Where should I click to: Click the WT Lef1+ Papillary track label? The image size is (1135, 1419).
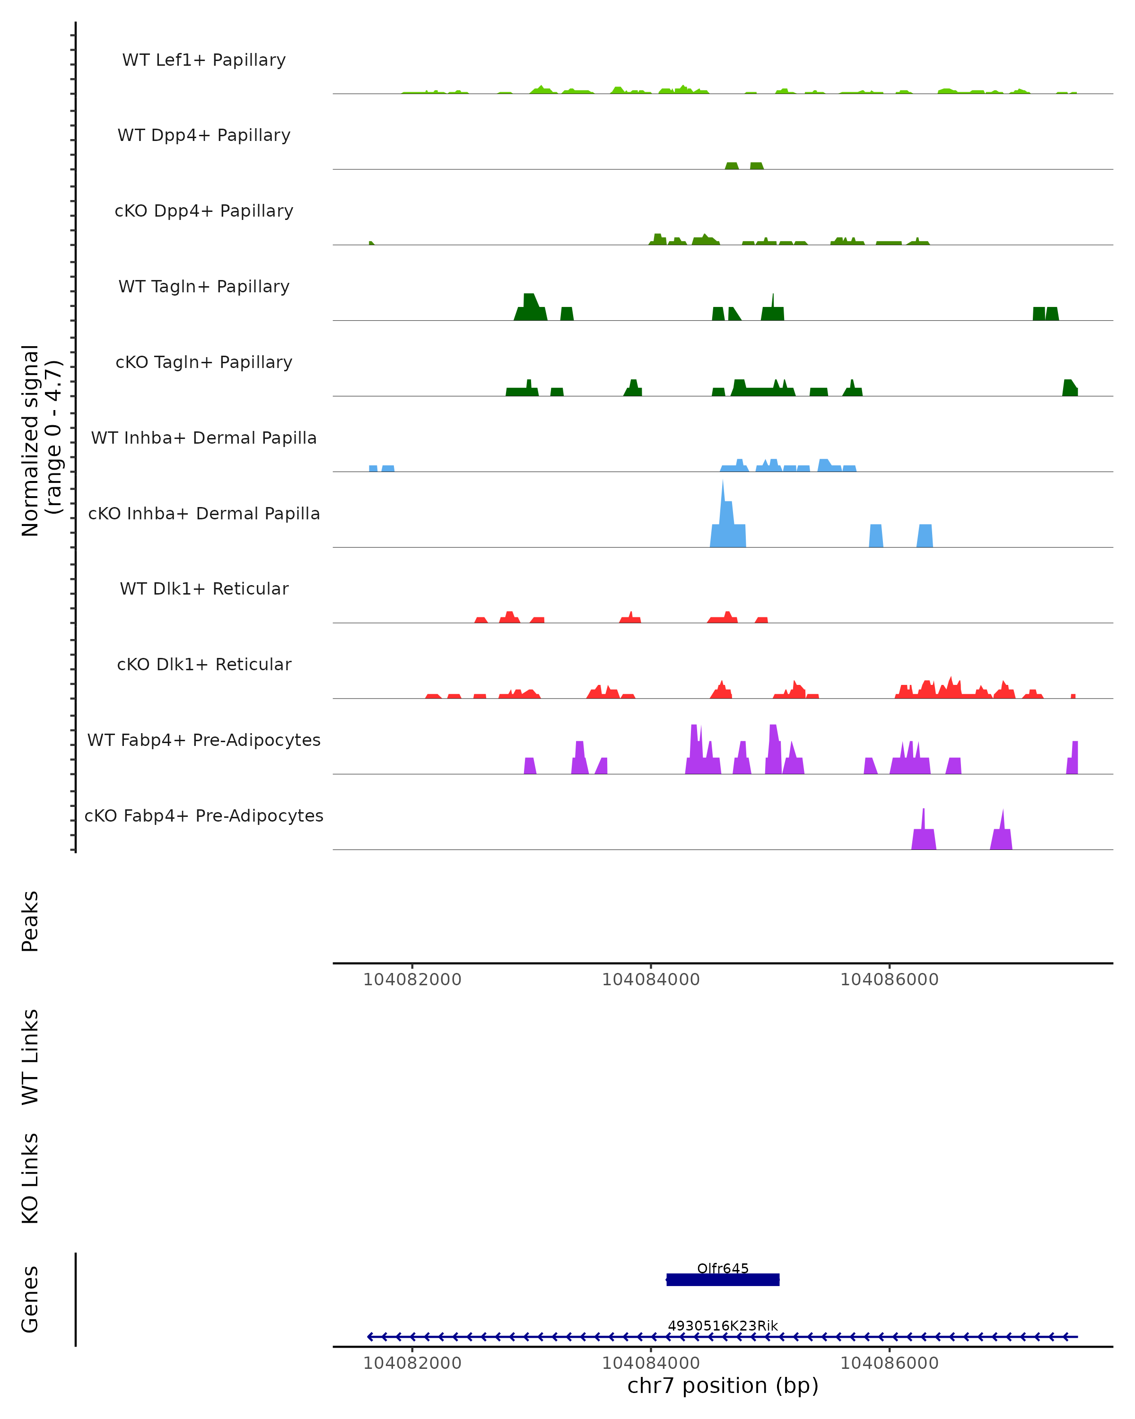[x=204, y=60]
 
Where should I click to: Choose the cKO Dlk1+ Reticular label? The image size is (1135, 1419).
[x=204, y=664]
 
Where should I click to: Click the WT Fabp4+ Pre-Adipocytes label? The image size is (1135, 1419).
[x=204, y=740]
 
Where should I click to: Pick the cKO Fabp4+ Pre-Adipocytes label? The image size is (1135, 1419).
[x=204, y=815]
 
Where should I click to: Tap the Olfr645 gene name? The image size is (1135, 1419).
[x=723, y=1268]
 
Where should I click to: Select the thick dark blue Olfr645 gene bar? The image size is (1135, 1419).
[x=723, y=1279]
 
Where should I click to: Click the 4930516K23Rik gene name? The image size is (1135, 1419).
[x=723, y=1325]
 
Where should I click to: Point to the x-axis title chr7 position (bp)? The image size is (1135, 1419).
[x=723, y=1385]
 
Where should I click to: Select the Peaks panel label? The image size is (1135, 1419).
[x=30, y=921]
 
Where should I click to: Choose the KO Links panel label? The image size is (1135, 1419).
[x=30, y=1178]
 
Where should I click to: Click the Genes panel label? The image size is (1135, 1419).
[x=30, y=1299]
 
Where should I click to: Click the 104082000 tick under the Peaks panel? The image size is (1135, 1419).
[x=412, y=980]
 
